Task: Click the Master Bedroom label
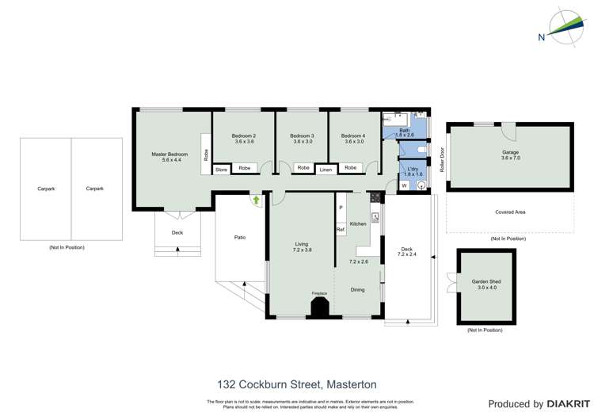click(x=169, y=154)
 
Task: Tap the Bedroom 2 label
click(x=243, y=136)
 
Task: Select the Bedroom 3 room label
click(x=302, y=136)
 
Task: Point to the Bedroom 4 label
click(x=353, y=136)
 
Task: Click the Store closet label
click(x=221, y=169)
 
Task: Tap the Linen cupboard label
click(x=326, y=170)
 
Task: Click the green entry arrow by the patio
click(x=256, y=200)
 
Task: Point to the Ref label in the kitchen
click(x=340, y=230)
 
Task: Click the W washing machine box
click(x=404, y=185)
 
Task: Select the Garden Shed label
click(x=486, y=281)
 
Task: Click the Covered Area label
click(x=510, y=212)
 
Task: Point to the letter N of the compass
click(x=541, y=37)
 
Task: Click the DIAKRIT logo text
click(x=567, y=404)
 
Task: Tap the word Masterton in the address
click(x=351, y=384)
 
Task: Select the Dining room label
click(x=358, y=290)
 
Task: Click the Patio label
click(x=239, y=237)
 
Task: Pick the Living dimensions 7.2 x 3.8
click(x=302, y=250)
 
